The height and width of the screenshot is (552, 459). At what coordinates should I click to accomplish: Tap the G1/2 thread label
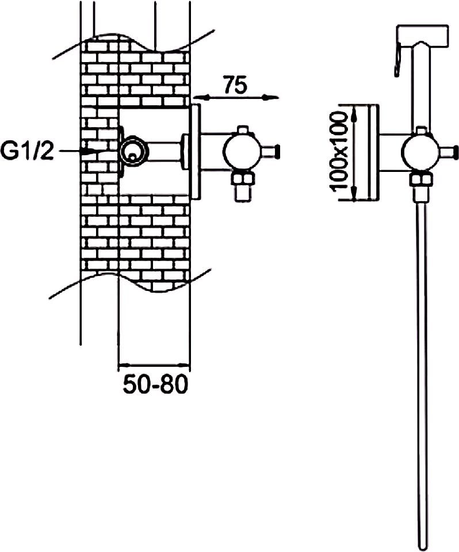27,152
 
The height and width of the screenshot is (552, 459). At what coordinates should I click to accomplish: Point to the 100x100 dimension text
339,151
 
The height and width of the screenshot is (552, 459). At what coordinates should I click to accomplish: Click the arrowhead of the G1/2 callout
93,151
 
